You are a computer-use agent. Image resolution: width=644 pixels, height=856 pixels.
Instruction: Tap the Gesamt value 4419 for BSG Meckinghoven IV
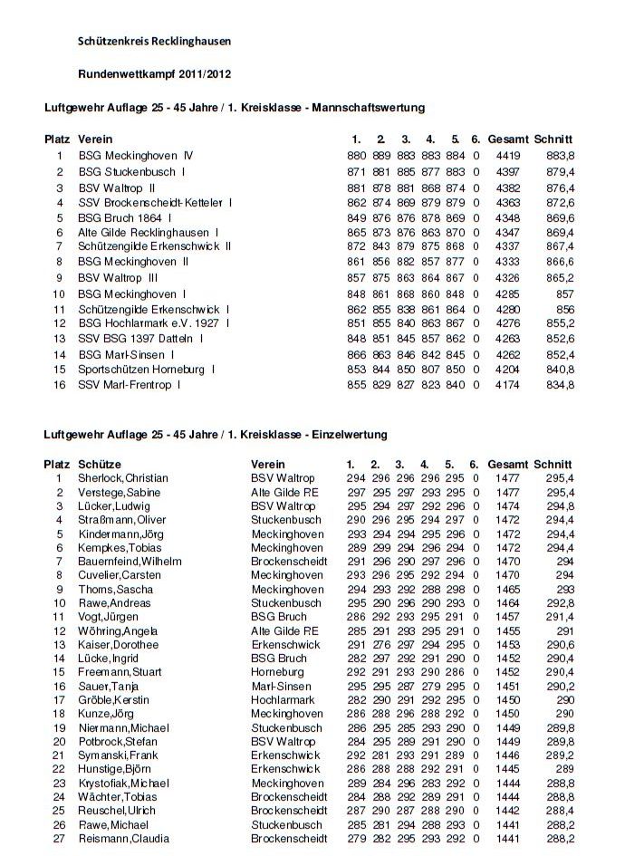click(508, 156)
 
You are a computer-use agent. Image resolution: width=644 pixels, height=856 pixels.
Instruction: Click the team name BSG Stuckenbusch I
click(132, 171)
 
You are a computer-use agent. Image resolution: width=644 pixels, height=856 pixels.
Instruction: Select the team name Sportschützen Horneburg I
click(147, 370)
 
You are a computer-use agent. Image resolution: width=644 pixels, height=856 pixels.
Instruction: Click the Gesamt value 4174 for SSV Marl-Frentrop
click(508, 385)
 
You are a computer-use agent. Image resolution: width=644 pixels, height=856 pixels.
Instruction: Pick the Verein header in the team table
click(95, 139)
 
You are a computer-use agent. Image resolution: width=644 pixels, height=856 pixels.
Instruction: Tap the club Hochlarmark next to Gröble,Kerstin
click(283, 700)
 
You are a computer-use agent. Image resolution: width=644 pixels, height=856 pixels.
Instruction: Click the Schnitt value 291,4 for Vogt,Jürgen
click(560, 617)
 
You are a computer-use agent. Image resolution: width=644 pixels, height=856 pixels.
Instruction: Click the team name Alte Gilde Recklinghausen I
click(149, 232)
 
